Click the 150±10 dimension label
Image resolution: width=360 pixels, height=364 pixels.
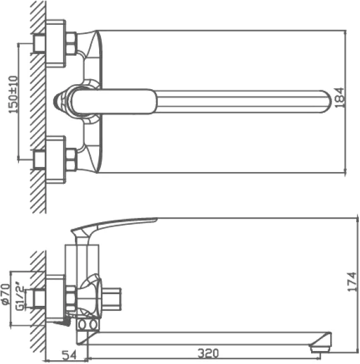coord(13,95)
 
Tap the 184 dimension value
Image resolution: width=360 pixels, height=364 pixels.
coord(340,98)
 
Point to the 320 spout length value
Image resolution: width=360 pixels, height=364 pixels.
coord(208,353)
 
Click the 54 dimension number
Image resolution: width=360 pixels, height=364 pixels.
coord(69,355)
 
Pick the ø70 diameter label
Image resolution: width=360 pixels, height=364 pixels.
coord(6,294)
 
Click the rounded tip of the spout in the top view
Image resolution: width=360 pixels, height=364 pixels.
coord(327,102)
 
